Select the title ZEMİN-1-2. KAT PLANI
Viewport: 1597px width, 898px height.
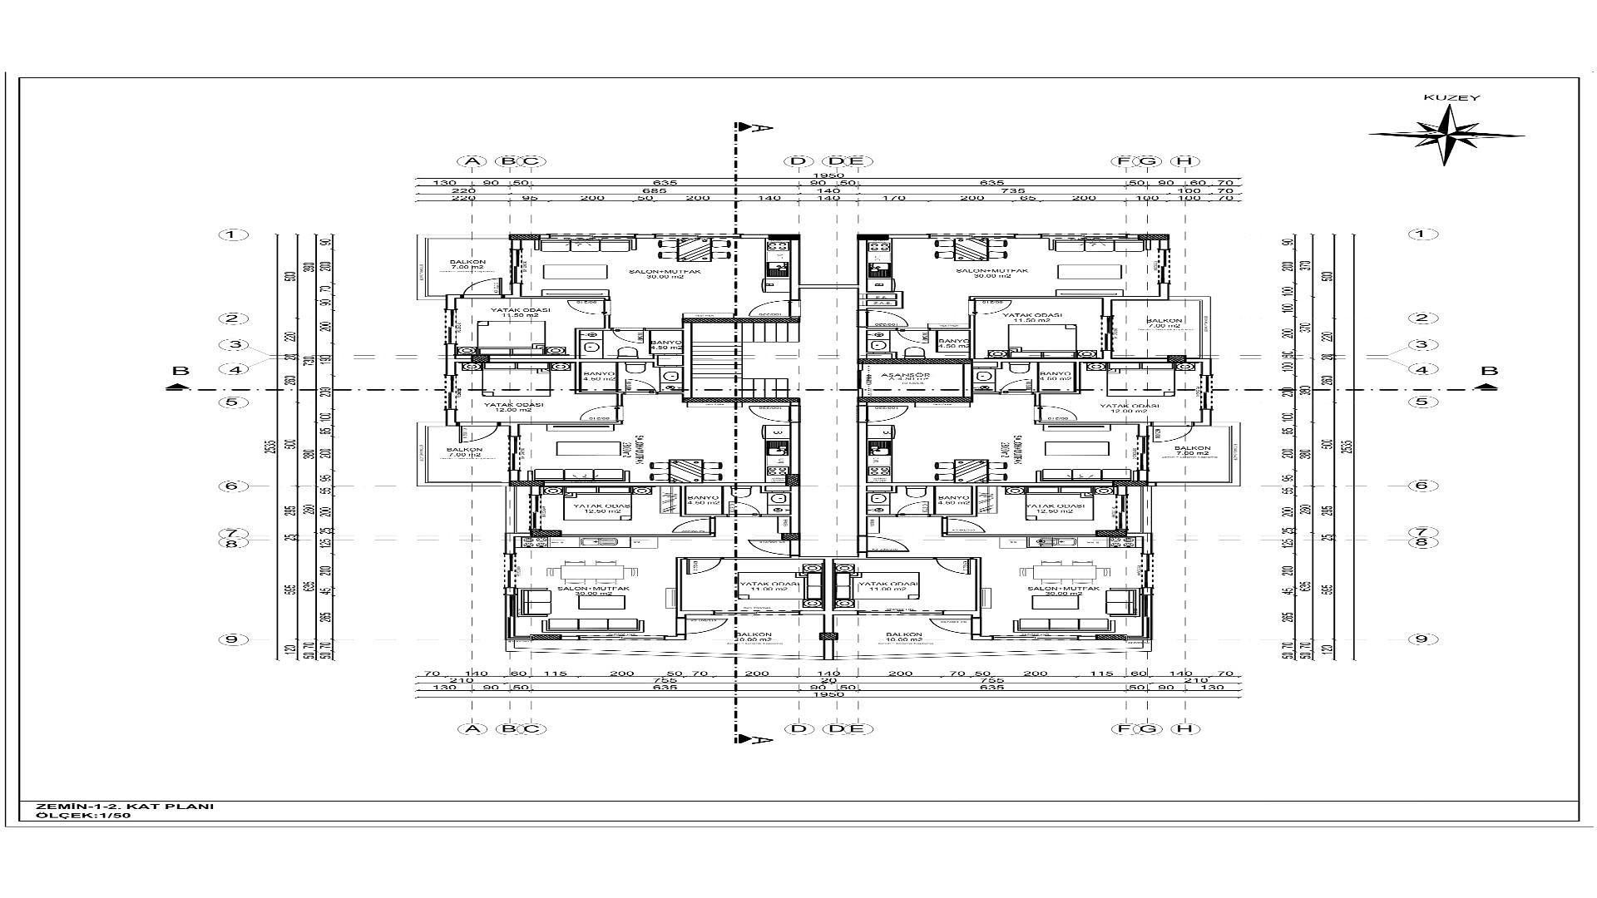click(x=125, y=806)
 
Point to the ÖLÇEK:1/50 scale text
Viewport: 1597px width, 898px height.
click(x=83, y=816)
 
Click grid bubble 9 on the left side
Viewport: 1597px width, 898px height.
click(x=234, y=639)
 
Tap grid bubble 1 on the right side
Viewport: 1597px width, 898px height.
click(x=1421, y=234)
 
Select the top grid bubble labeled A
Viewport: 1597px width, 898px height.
click(x=472, y=161)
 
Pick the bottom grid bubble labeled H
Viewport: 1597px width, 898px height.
click(x=1184, y=729)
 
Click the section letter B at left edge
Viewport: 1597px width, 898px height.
click(x=180, y=372)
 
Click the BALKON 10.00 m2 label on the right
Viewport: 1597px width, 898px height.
click(x=903, y=638)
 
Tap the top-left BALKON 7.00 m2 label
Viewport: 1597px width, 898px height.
click(x=467, y=265)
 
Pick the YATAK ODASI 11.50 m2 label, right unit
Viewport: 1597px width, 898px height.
click(x=1032, y=318)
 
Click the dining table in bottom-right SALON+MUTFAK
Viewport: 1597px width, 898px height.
click(x=1071, y=571)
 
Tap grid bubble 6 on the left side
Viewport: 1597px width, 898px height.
click(x=234, y=486)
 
